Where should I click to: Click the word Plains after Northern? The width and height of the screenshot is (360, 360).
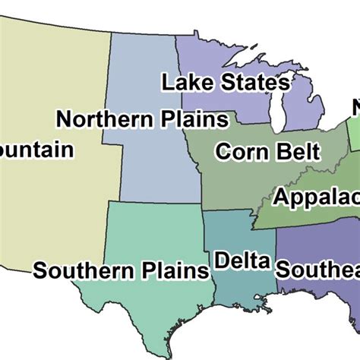pos(193,119)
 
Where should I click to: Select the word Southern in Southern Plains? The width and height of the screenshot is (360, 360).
pos(81,270)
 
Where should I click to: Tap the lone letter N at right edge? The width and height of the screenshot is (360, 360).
pos(355,108)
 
